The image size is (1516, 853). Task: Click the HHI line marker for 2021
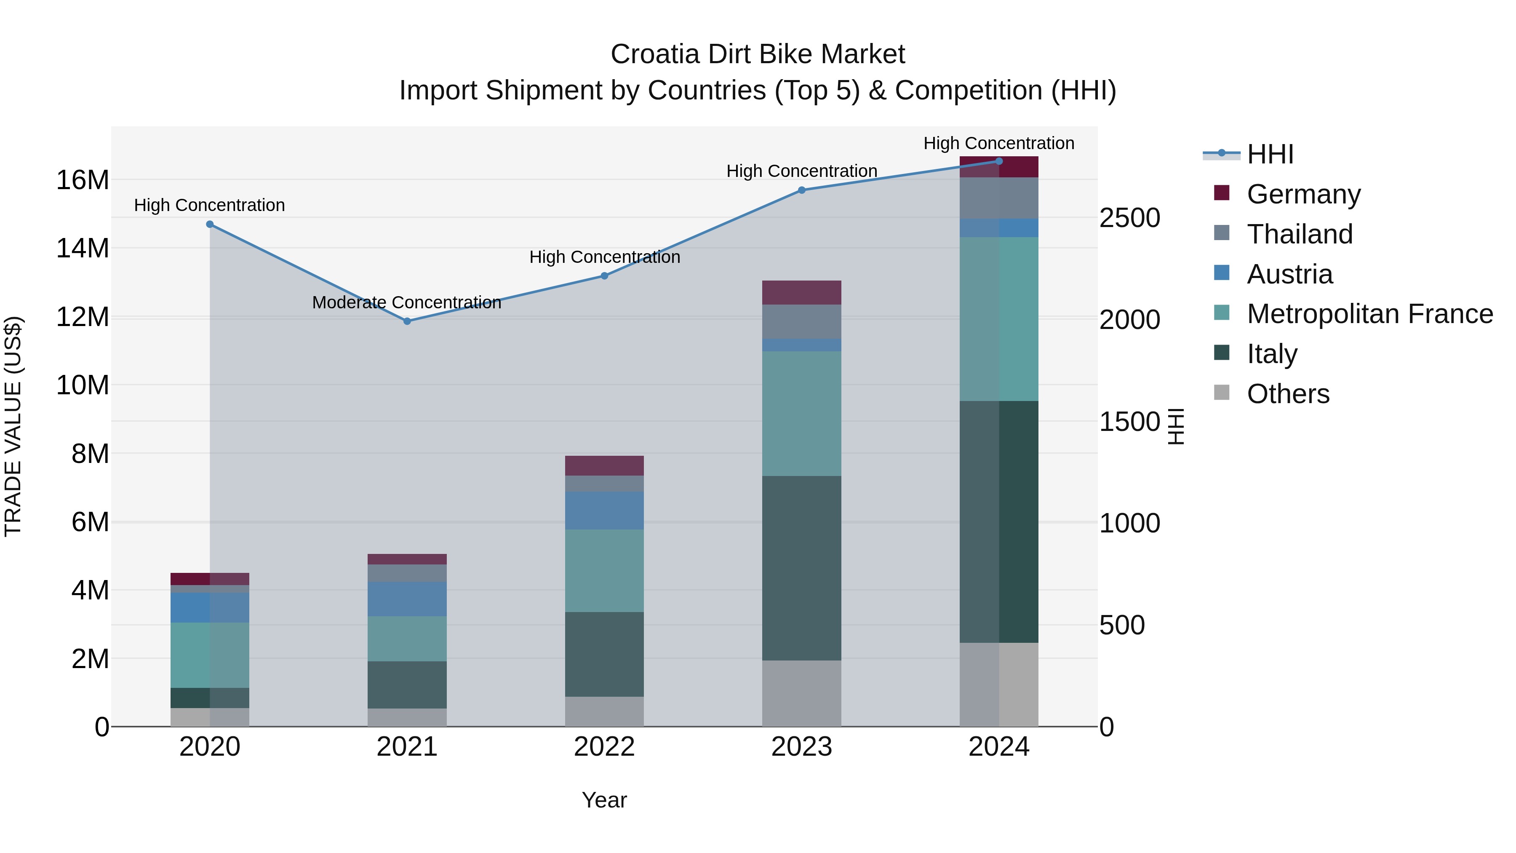pyautogui.click(x=407, y=321)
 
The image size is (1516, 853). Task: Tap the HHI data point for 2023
pyautogui.click(x=801, y=190)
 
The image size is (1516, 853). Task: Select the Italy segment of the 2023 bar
pyautogui.click(x=801, y=568)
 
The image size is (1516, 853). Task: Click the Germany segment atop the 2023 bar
pyautogui.click(x=801, y=293)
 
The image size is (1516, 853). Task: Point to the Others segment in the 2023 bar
pyautogui.click(x=801, y=693)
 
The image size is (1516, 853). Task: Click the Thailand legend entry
pyautogui.click(x=1300, y=234)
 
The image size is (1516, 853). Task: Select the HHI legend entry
pyautogui.click(x=1270, y=154)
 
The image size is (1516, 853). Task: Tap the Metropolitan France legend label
pyautogui.click(x=1369, y=314)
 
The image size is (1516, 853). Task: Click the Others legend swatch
pyautogui.click(x=1222, y=393)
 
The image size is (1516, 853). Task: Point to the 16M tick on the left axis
pyautogui.click(x=83, y=180)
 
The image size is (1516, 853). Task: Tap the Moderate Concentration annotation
pyautogui.click(x=407, y=302)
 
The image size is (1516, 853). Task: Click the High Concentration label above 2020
pyautogui.click(x=210, y=206)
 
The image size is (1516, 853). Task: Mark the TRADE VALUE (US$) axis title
pyautogui.click(x=13, y=426)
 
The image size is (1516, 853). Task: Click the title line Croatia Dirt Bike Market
pyautogui.click(x=758, y=54)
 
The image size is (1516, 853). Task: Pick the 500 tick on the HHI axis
pyautogui.click(x=1122, y=625)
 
